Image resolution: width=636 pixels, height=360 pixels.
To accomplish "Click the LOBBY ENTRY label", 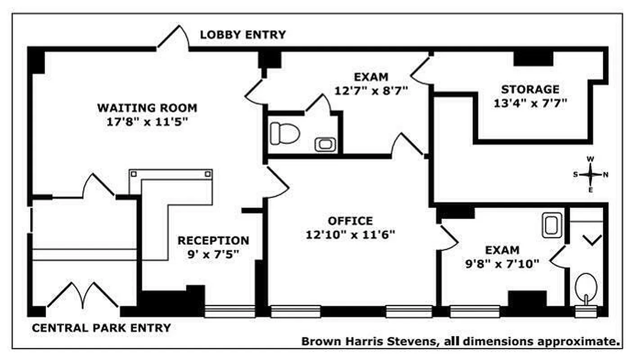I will click(243, 35).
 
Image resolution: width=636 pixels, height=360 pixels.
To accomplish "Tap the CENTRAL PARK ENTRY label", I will click(101, 328).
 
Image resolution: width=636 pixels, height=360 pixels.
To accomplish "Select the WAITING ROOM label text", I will click(147, 108).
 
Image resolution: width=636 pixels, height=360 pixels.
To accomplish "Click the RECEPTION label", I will click(213, 241).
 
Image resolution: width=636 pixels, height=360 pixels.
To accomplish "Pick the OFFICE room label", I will click(350, 221).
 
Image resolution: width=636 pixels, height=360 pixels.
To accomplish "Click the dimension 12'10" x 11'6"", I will click(350, 234).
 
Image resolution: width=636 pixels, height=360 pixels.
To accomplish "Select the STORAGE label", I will click(530, 89).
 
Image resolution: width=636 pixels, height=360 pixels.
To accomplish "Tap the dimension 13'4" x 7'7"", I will click(530, 103).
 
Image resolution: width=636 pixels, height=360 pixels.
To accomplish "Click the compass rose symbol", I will click(591, 175).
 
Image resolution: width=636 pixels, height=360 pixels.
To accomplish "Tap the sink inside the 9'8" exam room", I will click(551, 225).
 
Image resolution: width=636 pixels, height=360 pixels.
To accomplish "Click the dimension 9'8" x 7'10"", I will click(502, 264).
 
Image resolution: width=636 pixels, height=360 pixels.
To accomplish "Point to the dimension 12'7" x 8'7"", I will click(370, 90).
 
